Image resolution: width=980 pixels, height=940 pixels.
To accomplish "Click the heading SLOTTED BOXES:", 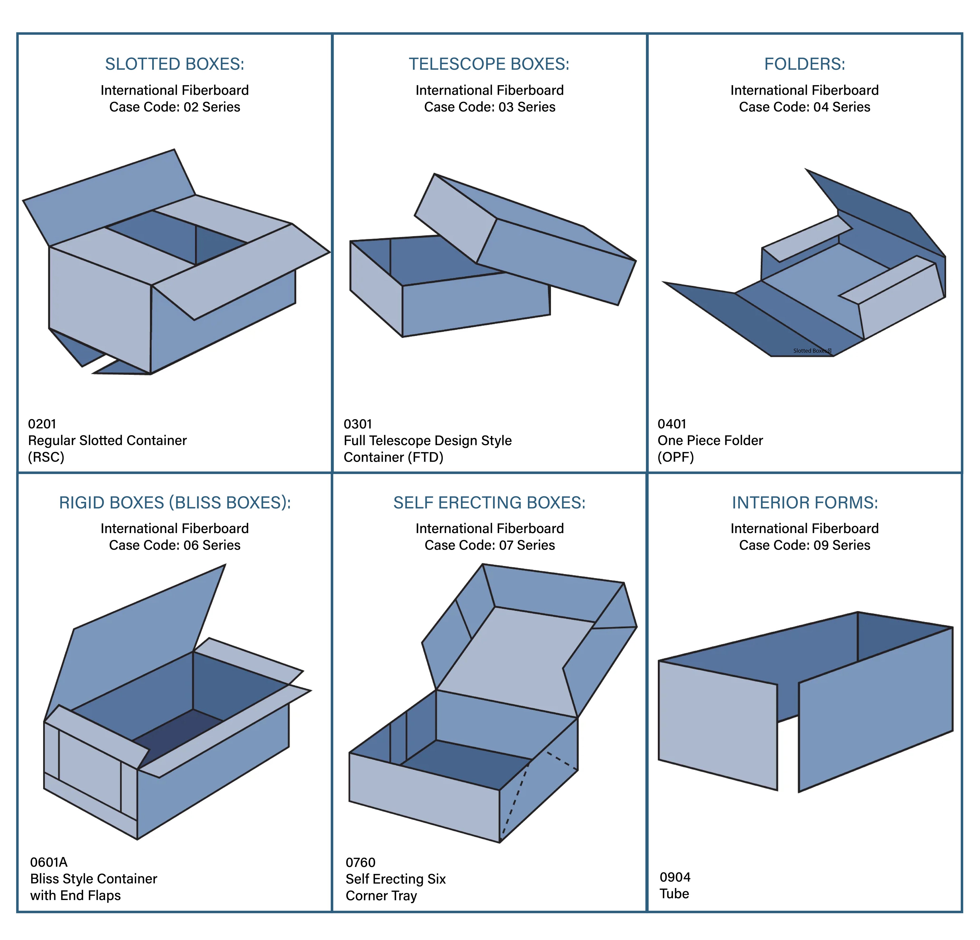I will pyautogui.click(x=175, y=64).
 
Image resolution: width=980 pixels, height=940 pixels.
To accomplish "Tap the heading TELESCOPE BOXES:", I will pyautogui.click(x=489, y=64).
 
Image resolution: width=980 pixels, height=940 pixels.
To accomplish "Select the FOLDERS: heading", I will pyautogui.click(x=804, y=64).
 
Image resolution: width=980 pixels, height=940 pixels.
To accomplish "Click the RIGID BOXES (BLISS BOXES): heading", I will pyautogui.click(x=175, y=502).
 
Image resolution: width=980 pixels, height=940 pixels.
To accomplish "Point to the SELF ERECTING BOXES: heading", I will pyautogui.click(x=489, y=502).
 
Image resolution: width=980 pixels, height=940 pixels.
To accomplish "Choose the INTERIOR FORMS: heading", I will pyautogui.click(x=804, y=502).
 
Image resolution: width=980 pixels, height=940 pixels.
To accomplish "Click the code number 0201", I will pyautogui.click(x=42, y=424).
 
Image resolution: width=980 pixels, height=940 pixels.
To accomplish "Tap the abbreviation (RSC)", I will pyautogui.click(x=46, y=457).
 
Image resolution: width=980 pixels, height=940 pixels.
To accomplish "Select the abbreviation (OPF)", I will pyautogui.click(x=676, y=457).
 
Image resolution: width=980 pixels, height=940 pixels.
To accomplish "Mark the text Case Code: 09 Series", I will pyautogui.click(x=804, y=545).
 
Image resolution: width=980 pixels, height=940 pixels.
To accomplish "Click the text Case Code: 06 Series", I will pyautogui.click(x=175, y=545).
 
